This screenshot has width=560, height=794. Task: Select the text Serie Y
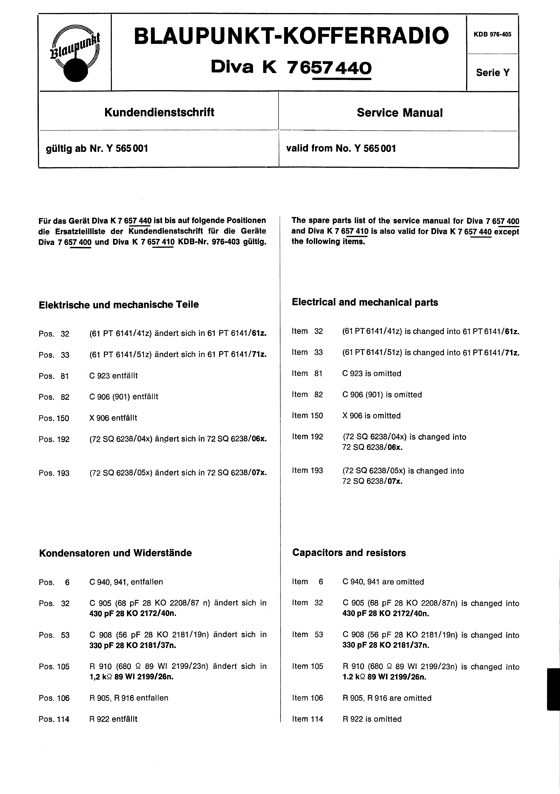tap(493, 73)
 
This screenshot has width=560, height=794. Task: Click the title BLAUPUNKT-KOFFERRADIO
tap(291, 36)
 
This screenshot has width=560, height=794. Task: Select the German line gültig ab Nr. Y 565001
tap(97, 149)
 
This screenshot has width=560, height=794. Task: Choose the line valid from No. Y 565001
tap(341, 149)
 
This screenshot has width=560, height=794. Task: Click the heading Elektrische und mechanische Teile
tap(119, 305)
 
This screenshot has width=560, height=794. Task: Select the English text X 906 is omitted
tap(371, 416)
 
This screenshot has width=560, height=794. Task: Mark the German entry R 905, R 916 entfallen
tap(129, 698)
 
